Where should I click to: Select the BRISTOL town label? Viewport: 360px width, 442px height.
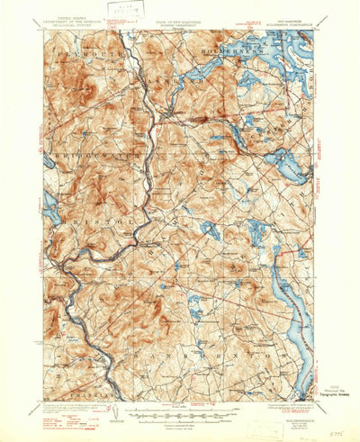tap(76, 218)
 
